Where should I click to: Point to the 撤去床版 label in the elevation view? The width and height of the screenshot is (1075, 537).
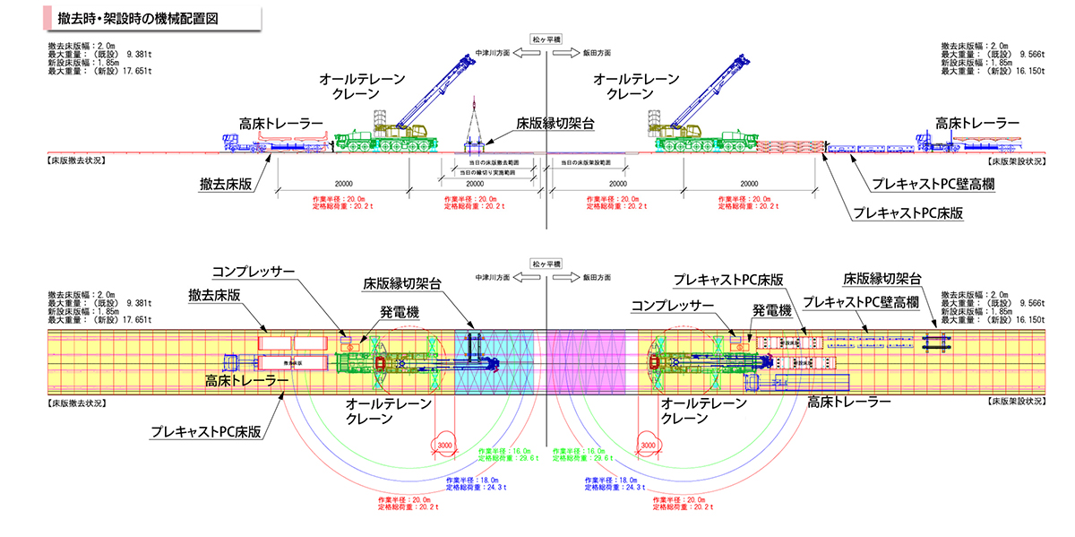click(226, 183)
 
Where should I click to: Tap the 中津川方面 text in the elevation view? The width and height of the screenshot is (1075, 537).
click(493, 54)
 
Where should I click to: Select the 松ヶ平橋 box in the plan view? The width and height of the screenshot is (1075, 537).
click(546, 265)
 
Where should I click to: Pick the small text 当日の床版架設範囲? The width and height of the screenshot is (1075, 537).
click(587, 162)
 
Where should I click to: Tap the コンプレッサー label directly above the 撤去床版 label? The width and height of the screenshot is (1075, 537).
click(252, 271)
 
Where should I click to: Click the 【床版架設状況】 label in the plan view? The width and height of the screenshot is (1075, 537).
click(1016, 403)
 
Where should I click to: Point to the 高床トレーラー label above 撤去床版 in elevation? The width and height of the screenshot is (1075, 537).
click(280, 122)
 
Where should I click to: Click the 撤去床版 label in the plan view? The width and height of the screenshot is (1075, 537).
click(214, 295)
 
